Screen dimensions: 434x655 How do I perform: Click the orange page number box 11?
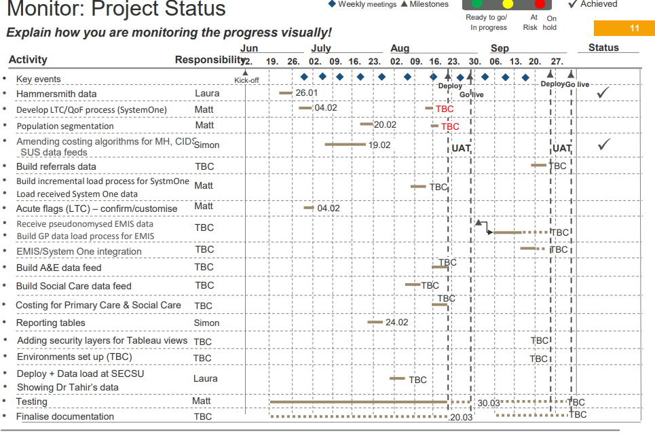click(624, 28)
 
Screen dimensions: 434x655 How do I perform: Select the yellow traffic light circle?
click(508, 4)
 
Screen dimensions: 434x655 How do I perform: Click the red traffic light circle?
click(540, 4)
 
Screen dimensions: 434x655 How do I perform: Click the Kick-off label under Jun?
click(246, 80)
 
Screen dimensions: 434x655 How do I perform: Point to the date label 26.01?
click(306, 92)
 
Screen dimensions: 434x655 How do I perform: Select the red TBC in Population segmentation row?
click(450, 126)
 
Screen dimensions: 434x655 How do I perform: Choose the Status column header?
click(603, 48)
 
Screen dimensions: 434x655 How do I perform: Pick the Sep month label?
click(500, 48)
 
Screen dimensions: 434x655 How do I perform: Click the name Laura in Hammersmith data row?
click(206, 93)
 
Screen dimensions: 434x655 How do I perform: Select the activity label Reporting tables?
click(51, 323)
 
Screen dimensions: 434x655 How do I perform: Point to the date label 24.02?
click(396, 322)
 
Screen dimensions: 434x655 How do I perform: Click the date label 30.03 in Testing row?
click(488, 403)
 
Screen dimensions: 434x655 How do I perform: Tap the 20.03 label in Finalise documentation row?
click(461, 417)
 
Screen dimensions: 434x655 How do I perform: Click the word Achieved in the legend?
click(599, 4)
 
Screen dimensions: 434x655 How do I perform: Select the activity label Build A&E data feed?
click(58, 268)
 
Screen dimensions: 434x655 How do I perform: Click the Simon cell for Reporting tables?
click(206, 323)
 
